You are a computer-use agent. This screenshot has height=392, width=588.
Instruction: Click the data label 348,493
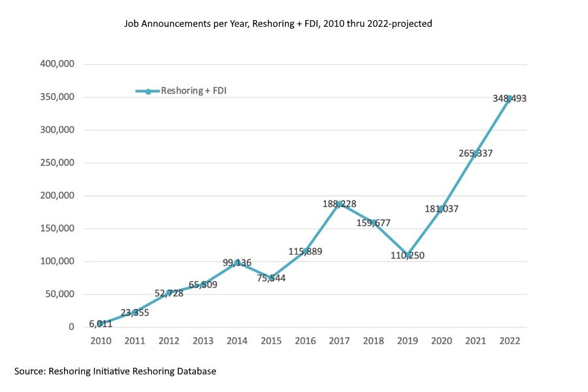coord(510,99)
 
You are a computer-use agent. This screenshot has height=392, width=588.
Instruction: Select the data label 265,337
coord(476,154)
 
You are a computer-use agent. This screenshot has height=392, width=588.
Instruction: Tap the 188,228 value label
coord(339,204)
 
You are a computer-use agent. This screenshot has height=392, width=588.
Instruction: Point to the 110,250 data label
coord(407,255)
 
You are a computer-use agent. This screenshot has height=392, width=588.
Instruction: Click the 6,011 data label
coord(101,324)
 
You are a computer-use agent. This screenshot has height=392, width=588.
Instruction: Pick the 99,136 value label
coord(237,263)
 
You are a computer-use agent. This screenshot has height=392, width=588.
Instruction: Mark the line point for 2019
coord(407,254)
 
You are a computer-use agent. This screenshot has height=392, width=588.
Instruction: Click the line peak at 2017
coord(339,203)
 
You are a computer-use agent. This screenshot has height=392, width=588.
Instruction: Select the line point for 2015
coord(271,277)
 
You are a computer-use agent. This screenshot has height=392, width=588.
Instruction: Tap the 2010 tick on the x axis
coord(101,341)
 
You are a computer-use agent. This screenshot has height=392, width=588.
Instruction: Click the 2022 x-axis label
coord(510,341)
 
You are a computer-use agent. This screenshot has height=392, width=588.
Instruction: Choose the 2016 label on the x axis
coord(305,341)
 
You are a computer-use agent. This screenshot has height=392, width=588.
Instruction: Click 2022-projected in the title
coord(400,24)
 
